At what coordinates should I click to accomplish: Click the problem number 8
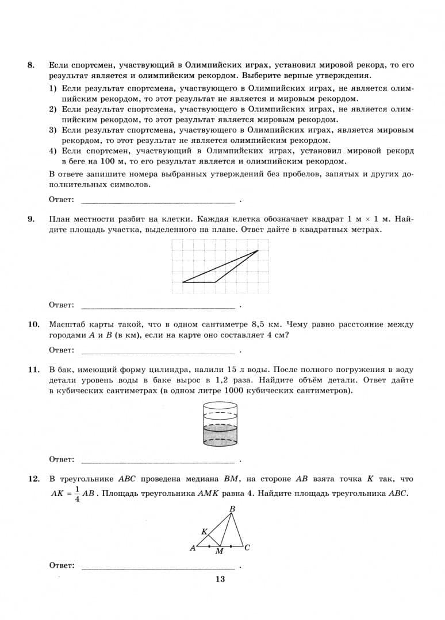pos(31,65)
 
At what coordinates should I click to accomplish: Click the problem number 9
pos(31,219)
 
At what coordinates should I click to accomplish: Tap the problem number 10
pos(33,324)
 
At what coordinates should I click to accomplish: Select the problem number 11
pos(33,370)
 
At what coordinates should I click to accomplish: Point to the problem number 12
pos(33,479)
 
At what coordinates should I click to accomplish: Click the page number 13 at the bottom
pos(220,579)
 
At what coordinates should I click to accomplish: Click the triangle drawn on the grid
pos(224,270)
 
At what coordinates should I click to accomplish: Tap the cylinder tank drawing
pos(220,425)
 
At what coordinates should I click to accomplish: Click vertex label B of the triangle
pos(232,509)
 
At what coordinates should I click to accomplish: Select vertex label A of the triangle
pos(193,548)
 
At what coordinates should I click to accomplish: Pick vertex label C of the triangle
pos(247,548)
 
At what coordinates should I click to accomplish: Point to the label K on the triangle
pos(204,532)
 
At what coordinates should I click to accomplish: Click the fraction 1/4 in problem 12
pos(77,494)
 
